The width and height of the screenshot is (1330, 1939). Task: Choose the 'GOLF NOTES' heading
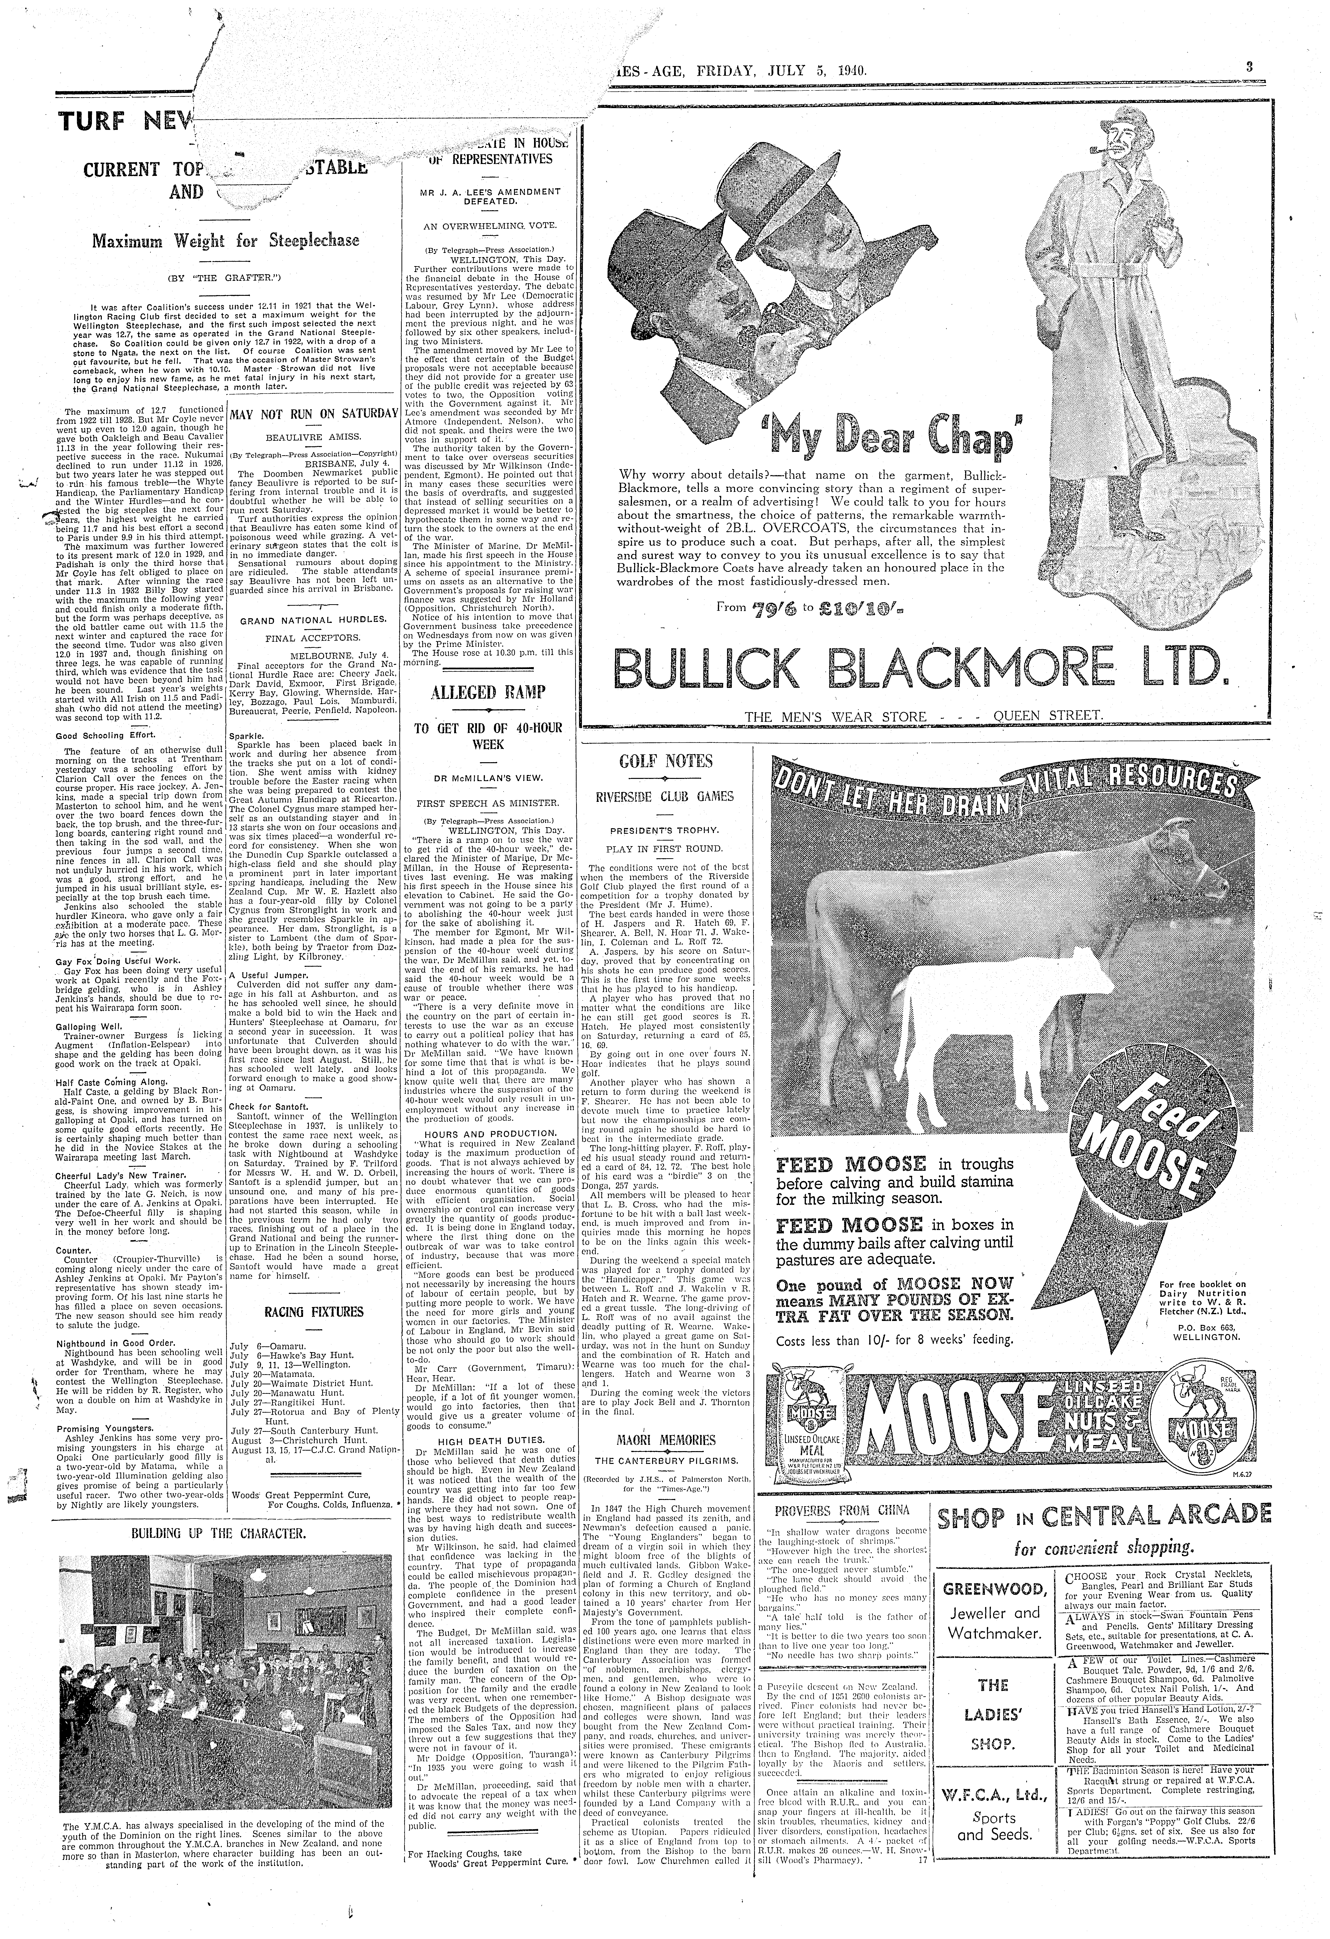[665, 761]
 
